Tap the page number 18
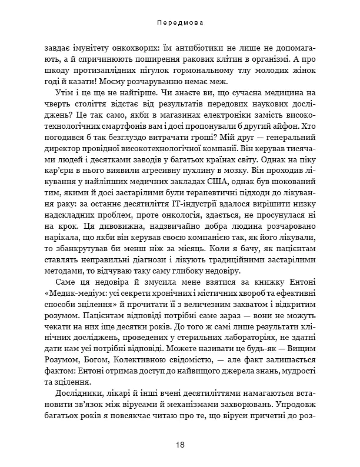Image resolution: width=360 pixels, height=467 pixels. pos(180,444)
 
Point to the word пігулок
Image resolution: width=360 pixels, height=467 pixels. pos(138,72)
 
